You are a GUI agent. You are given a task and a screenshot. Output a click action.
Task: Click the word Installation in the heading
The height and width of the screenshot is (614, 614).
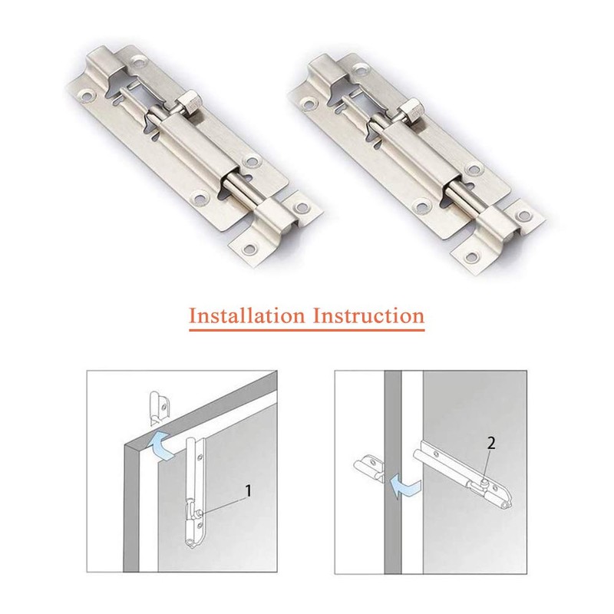point(246,315)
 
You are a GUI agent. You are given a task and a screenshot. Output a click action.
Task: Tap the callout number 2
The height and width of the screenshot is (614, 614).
point(492,443)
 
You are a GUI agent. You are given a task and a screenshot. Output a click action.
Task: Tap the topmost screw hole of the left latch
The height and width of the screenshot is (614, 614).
point(139,58)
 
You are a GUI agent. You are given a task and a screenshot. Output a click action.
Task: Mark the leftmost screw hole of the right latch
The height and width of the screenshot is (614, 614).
point(309,103)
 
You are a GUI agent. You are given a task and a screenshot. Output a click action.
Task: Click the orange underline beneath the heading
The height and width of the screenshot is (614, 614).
point(307,331)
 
